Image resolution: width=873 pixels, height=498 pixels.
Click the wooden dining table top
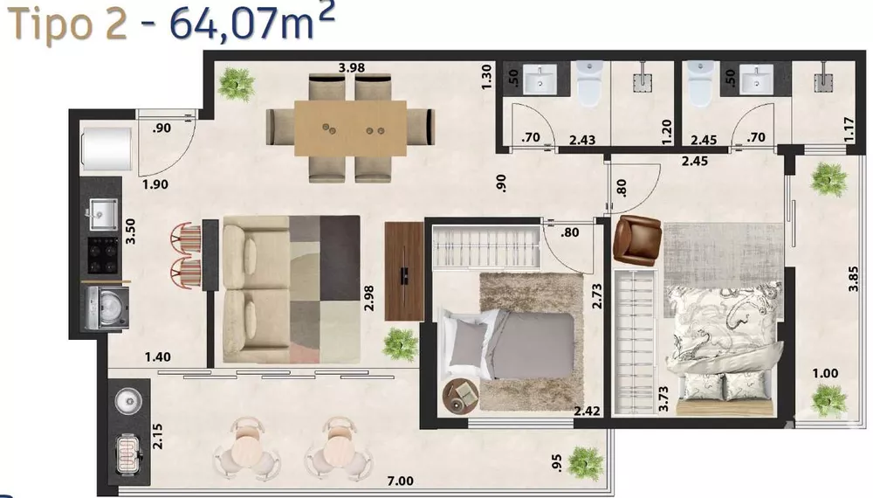(x=350, y=129)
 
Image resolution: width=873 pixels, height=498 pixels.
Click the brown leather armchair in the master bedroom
(x=635, y=239)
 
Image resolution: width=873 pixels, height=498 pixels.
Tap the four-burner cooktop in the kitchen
(x=102, y=253)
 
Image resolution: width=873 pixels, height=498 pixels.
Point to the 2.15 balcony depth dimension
(x=158, y=436)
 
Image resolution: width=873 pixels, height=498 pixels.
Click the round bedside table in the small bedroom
(x=459, y=397)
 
